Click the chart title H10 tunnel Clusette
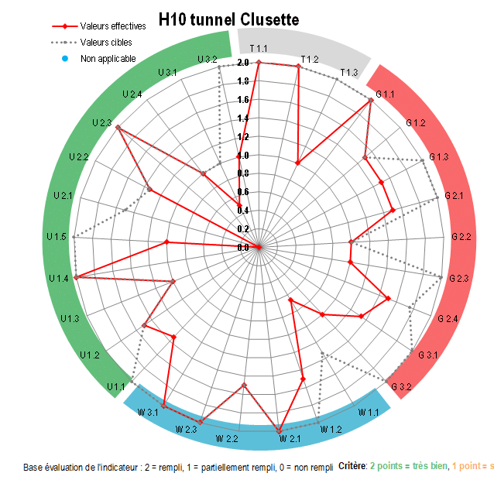coord(228,19)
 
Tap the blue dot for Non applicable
coord(65,59)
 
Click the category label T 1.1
coord(259,50)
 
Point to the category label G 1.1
coord(385,94)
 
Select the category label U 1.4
coord(59,278)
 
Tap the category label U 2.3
coord(101,123)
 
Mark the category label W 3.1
coord(148,412)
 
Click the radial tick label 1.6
coord(243,100)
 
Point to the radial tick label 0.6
coord(243,192)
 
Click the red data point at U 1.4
coord(75,276)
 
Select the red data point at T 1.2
coord(298,67)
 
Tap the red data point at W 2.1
coord(279,430)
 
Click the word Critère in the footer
coord(352,467)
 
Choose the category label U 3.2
coord(207,59)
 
